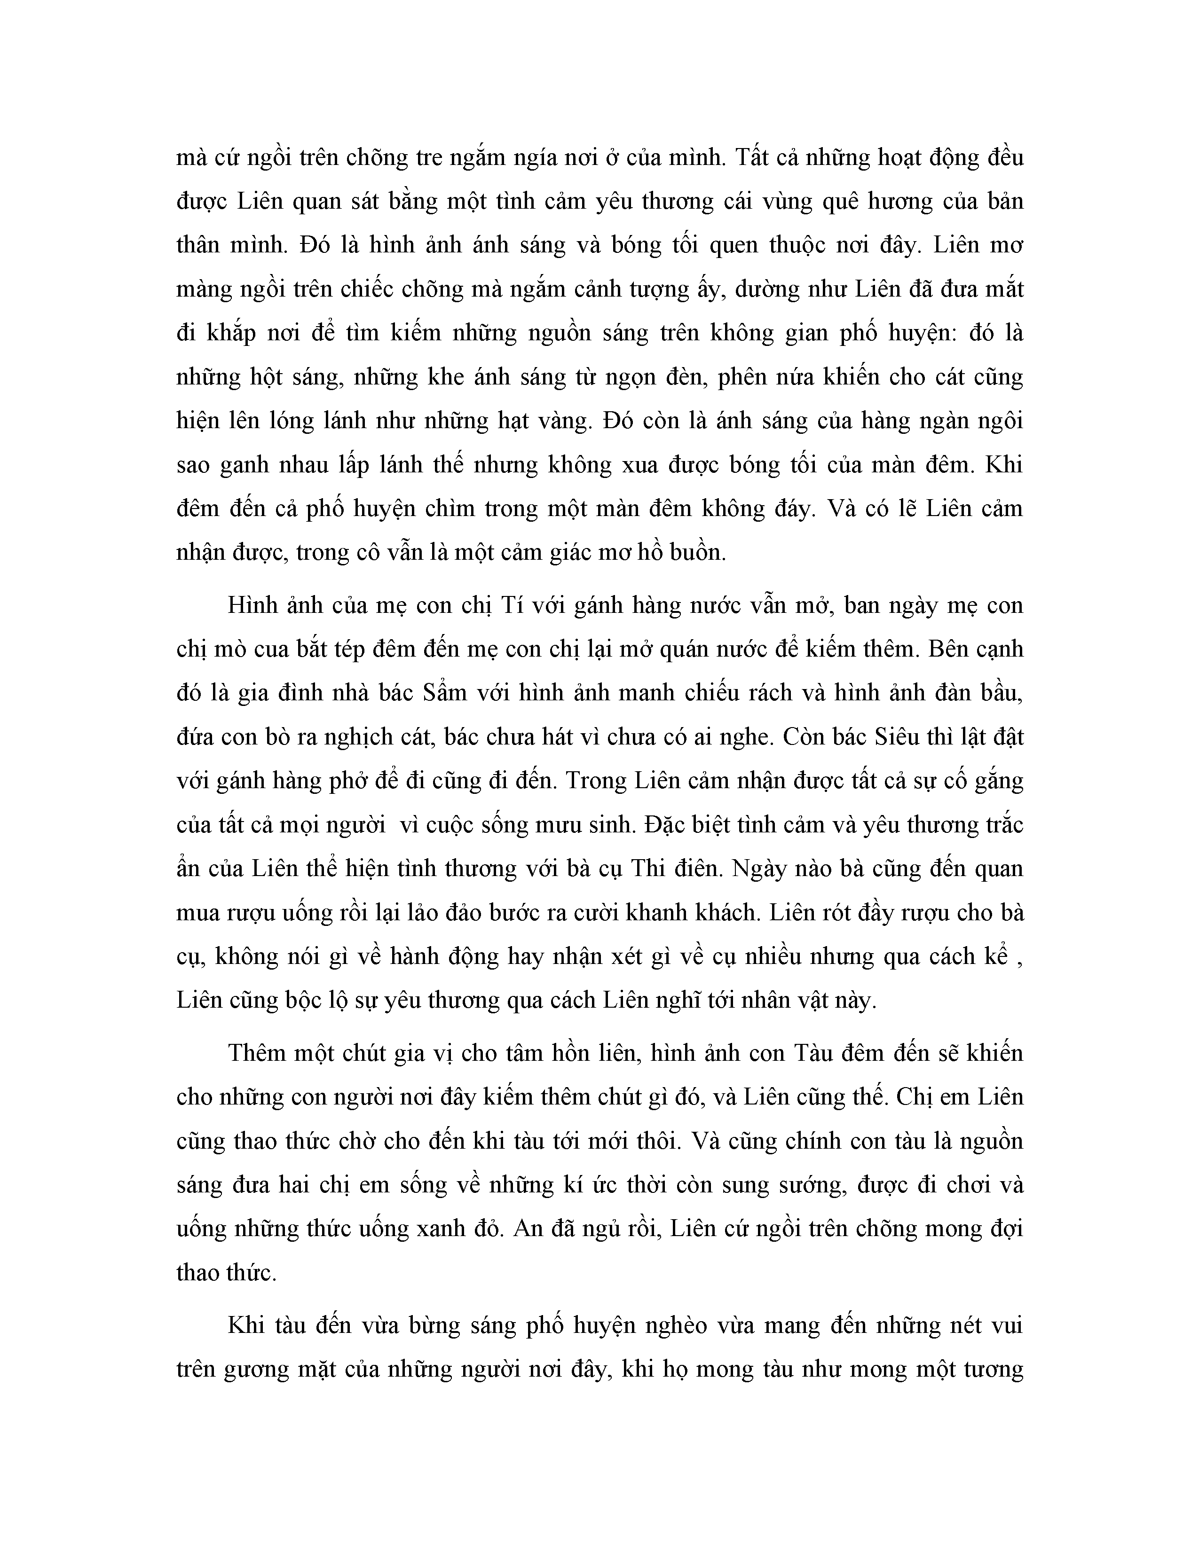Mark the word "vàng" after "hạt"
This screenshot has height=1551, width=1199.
[563, 421]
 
